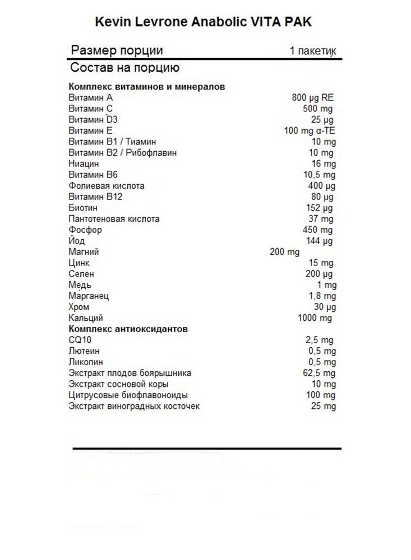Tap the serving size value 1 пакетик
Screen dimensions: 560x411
coord(313,51)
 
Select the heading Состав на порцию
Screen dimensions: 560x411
coord(124,68)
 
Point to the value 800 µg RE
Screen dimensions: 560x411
coord(313,97)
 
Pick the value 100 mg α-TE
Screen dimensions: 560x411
coord(310,130)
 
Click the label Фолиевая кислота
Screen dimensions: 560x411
coord(106,185)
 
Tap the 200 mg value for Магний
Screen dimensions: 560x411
coord(285,251)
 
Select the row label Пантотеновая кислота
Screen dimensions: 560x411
coord(114,218)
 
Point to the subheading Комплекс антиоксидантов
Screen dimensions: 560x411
coord(128,329)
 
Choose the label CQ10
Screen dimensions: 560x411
coord(78,340)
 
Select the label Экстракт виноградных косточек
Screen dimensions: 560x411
coord(133,406)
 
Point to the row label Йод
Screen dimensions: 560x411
coord(76,241)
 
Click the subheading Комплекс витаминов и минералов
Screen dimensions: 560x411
coord(146,86)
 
